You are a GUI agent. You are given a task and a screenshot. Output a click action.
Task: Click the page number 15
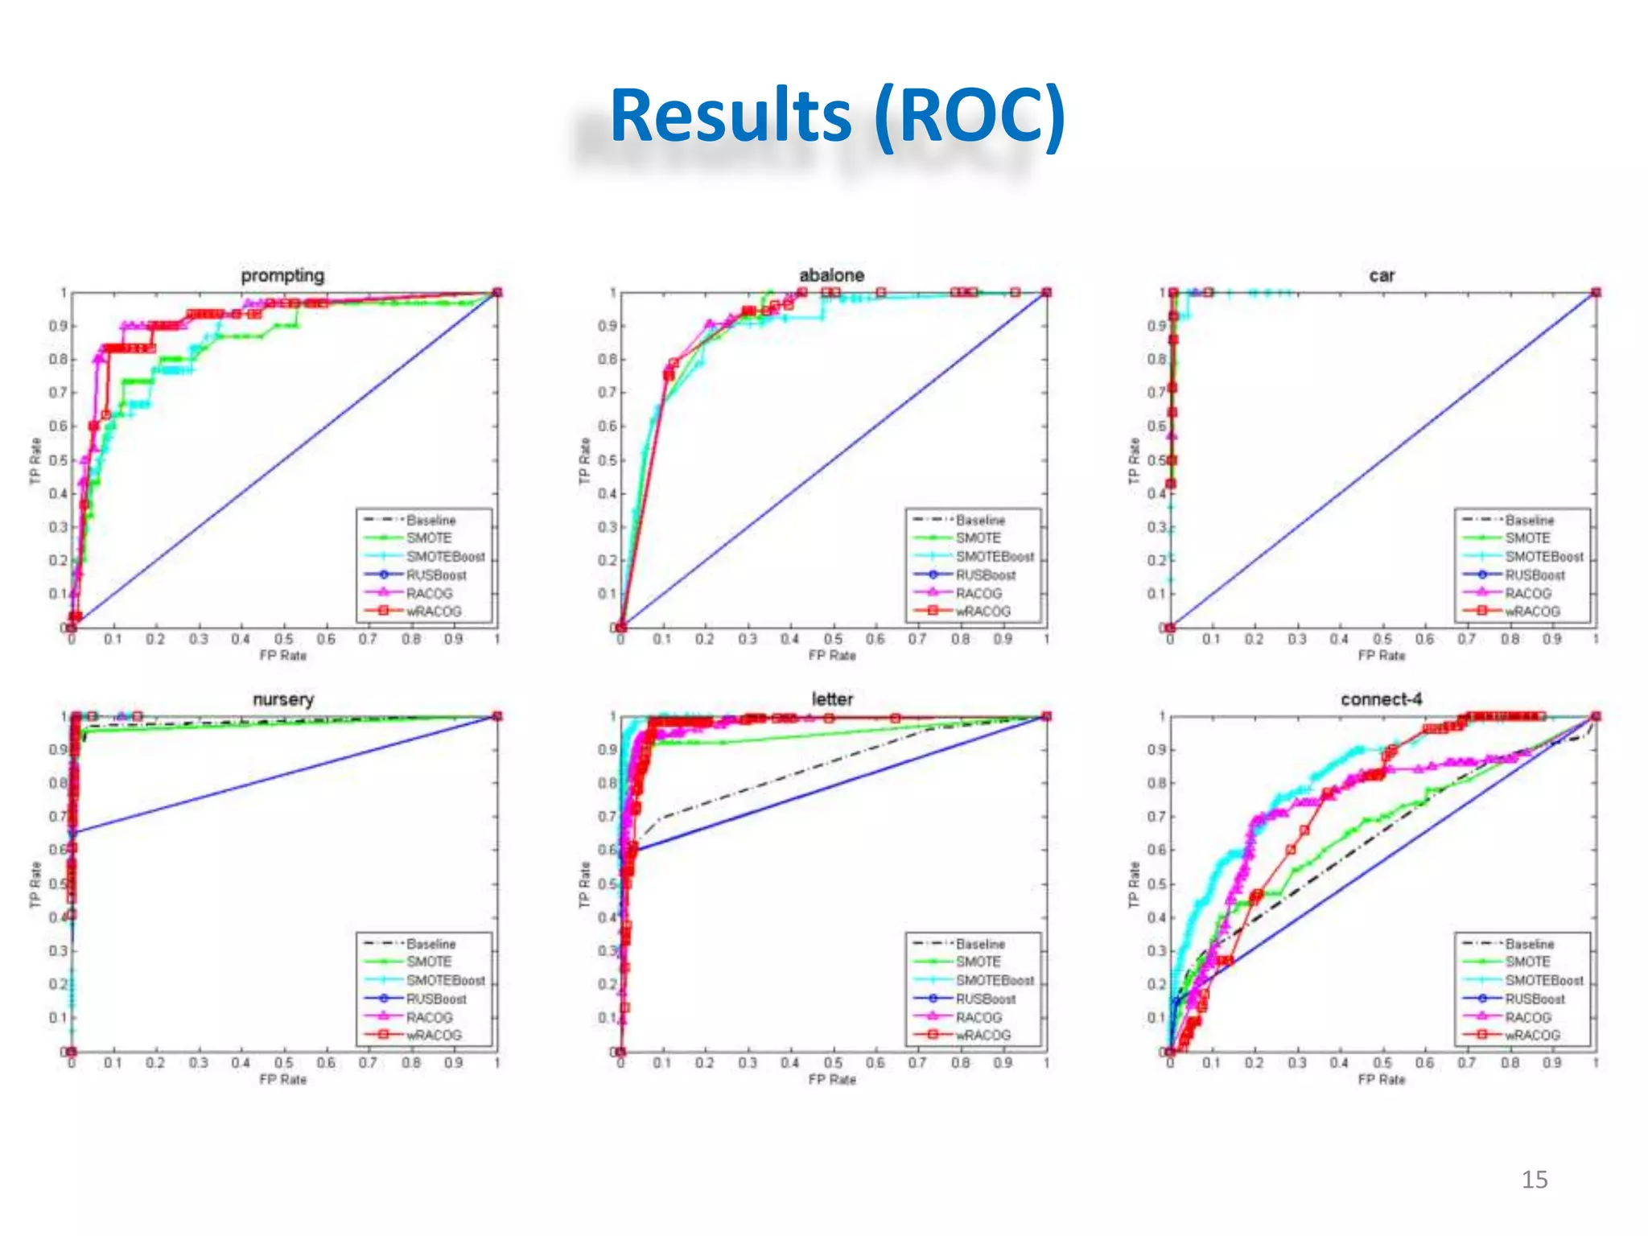point(1534,1180)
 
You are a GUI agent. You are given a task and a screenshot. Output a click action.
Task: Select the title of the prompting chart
point(282,275)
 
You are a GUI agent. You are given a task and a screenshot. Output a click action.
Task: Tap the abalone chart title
point(831,275)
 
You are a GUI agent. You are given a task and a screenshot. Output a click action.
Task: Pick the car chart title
point(1381,275)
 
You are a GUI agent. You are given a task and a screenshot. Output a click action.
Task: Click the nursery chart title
point(282,699)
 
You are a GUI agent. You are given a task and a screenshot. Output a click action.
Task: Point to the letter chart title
point(831,699)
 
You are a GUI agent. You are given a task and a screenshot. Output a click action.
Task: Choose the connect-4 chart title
point(1381,699)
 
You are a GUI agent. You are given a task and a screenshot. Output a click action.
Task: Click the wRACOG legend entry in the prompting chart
point(434,611)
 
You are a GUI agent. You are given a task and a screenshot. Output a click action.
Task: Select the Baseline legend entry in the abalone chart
point(980,520)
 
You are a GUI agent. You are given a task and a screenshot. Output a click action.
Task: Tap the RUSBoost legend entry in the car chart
point(1535,575)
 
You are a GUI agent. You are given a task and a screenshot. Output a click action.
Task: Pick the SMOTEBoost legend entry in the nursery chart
point(445,980)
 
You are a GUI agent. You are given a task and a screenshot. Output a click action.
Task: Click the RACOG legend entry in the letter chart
point(978,1017)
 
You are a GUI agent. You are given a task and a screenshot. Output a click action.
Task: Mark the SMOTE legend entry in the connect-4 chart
point(1527,962)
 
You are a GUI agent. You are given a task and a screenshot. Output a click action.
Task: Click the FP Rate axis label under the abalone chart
point(831,656)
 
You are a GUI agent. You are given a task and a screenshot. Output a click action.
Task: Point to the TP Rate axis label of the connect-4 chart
point(1134,884)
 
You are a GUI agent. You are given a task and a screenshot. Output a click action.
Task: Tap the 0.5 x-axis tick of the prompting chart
point(283,639)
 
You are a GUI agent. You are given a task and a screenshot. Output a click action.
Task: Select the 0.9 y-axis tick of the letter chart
point(607,749)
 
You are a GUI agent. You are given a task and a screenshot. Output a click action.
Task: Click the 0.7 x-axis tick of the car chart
point(1466,639)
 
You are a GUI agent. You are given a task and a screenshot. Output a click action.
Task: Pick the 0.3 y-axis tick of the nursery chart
point(58,950)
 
